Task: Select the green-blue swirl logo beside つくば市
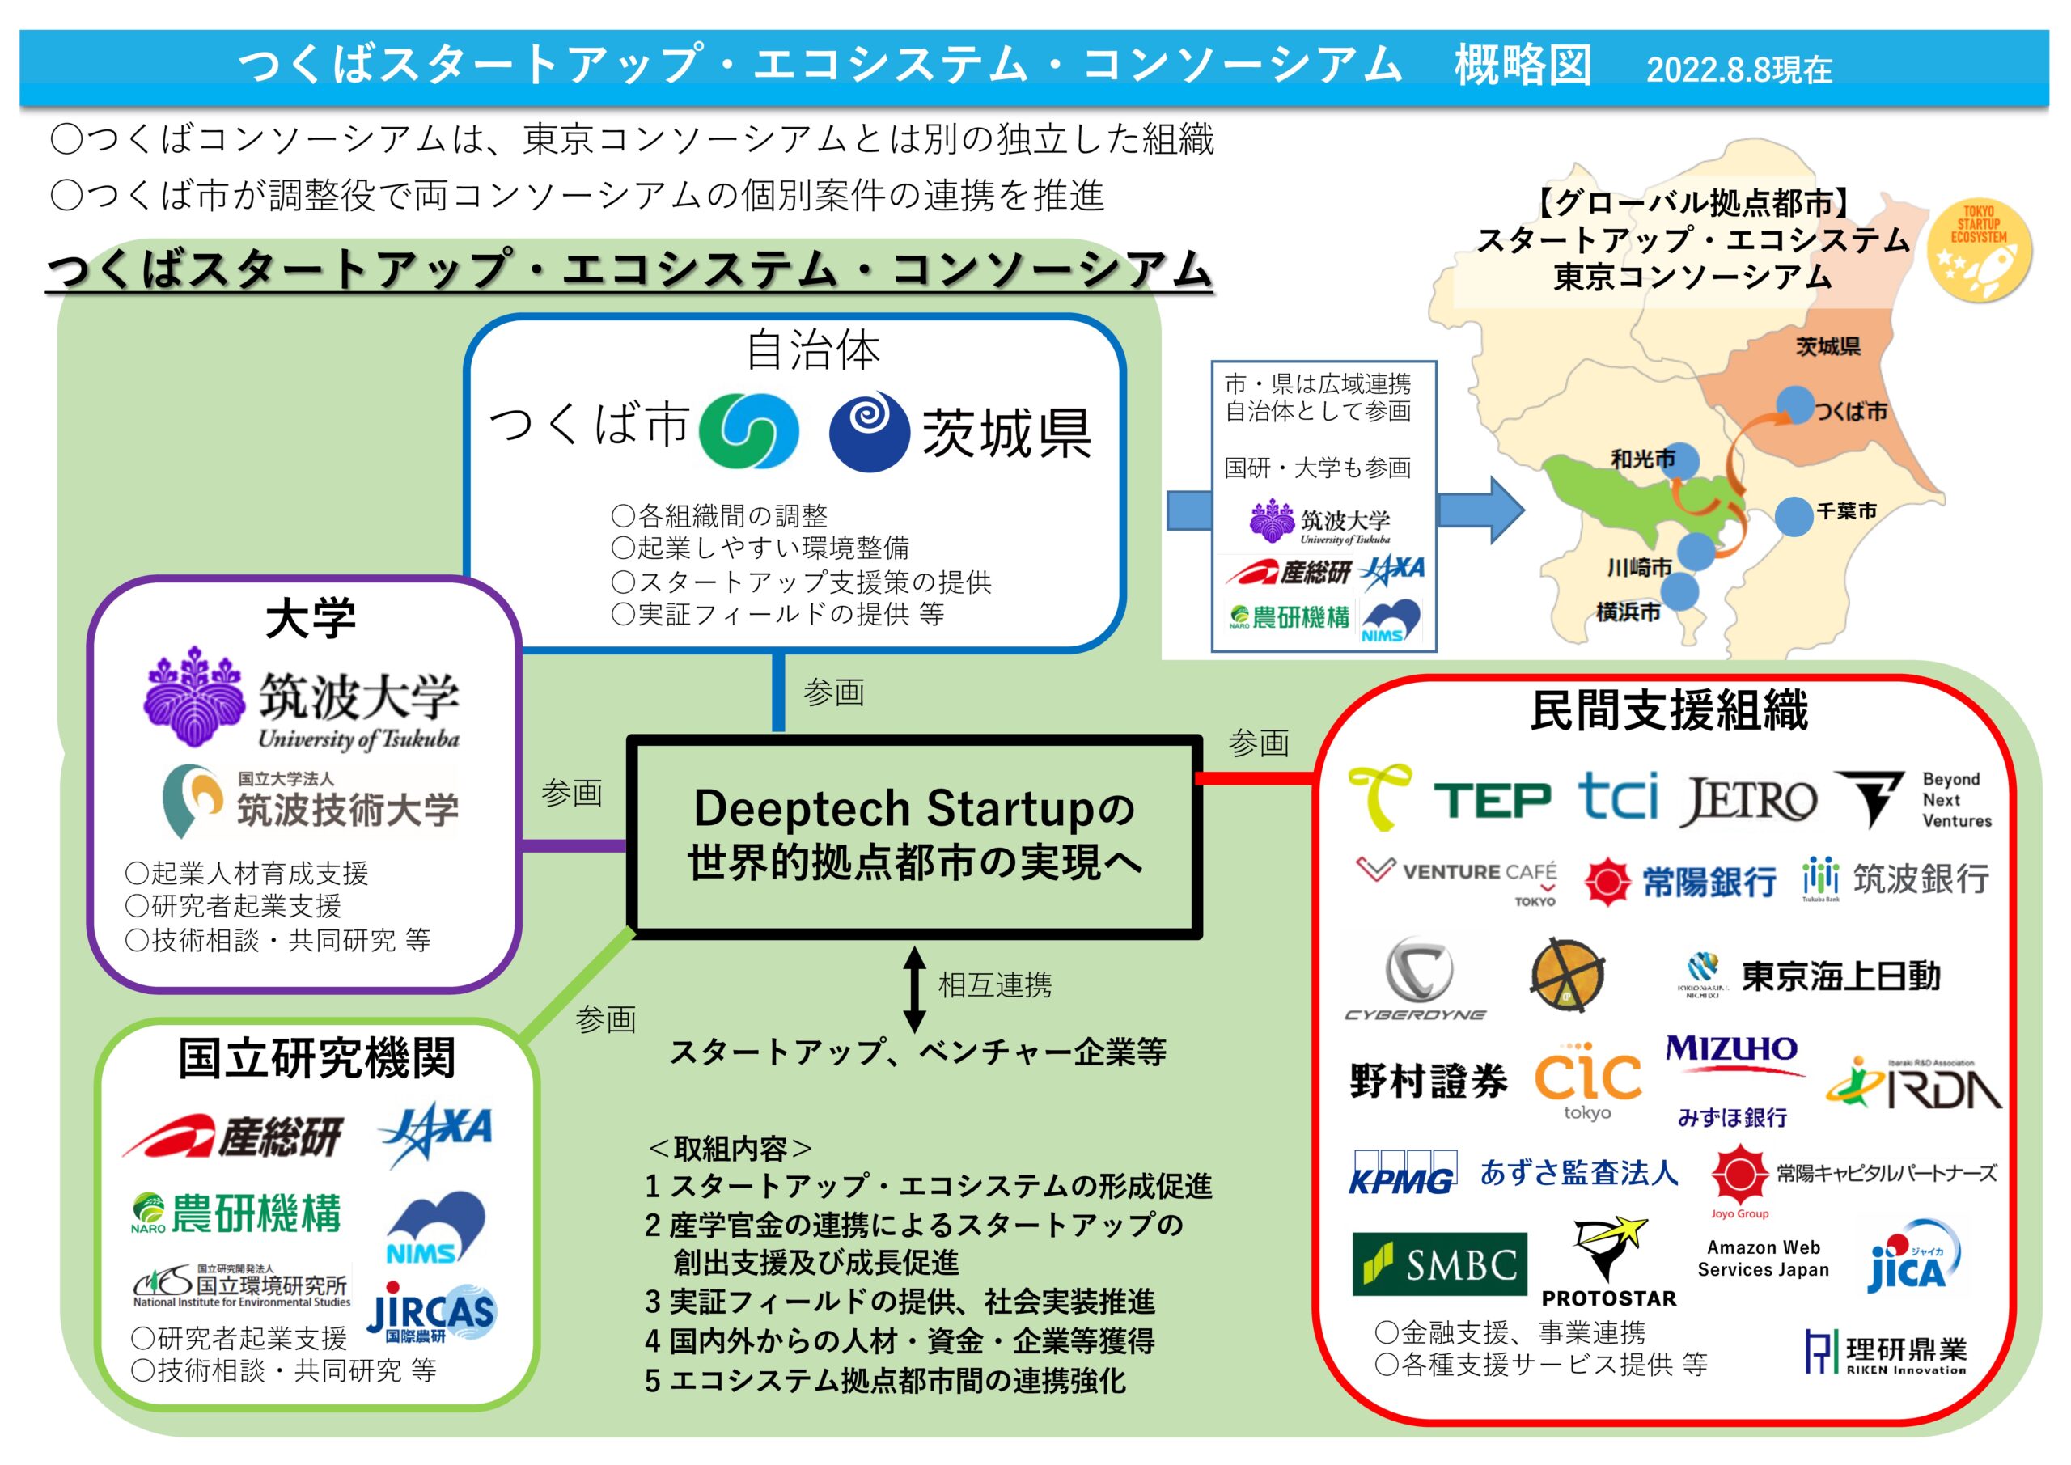point(748,430)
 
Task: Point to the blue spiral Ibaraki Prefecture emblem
point(869,431)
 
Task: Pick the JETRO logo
point(1748,800)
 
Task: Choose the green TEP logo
point(1492,800)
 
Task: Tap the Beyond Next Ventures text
point(1955,799)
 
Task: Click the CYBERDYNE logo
point(1417,979)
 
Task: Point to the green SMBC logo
point(1440,1264)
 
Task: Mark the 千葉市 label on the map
point(1846,511)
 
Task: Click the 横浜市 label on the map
point(1628,612)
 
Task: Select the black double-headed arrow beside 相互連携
point(915,989)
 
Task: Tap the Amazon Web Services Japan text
point(1764,1259)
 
